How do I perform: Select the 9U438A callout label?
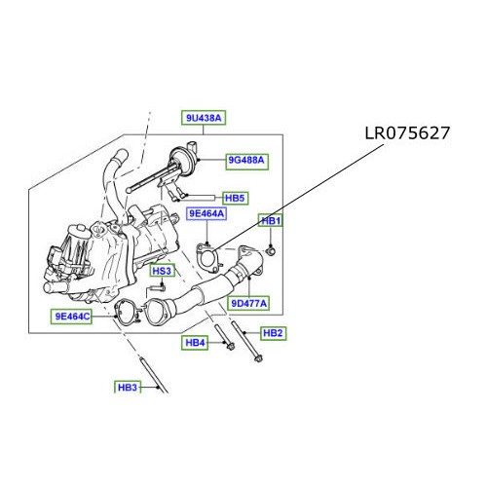point(205,118)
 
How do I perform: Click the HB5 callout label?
point(235,197)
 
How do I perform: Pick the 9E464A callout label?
point(206,213)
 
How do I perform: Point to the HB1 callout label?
point(271,221)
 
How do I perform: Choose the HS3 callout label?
point(162,270)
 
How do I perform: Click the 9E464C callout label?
point(72,316)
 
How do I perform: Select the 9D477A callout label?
point(248,303)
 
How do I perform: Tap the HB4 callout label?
point(195,343)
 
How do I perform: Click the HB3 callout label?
point(128,387)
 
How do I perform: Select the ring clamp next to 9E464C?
point(124,314)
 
